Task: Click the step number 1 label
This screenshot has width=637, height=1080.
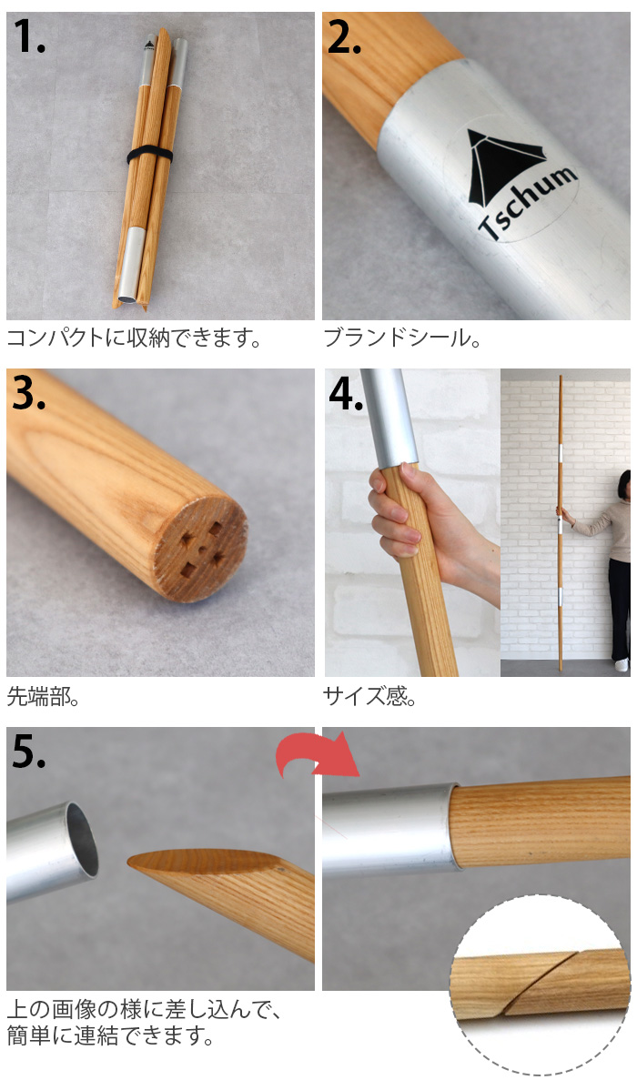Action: coord(29,36)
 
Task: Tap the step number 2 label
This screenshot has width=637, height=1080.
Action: coord(344,36)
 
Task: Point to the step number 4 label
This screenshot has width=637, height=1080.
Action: coord(346,394)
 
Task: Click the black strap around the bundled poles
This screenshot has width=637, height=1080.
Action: coord(149,155)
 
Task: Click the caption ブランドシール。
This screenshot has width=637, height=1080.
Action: coord(402,338)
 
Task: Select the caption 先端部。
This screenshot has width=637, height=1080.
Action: coord(43,696)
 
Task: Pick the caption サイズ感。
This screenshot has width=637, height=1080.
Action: coord(369,696)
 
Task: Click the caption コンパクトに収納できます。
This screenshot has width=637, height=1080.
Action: coord(135,338)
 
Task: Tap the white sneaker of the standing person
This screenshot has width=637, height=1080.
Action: coord(622,665)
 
